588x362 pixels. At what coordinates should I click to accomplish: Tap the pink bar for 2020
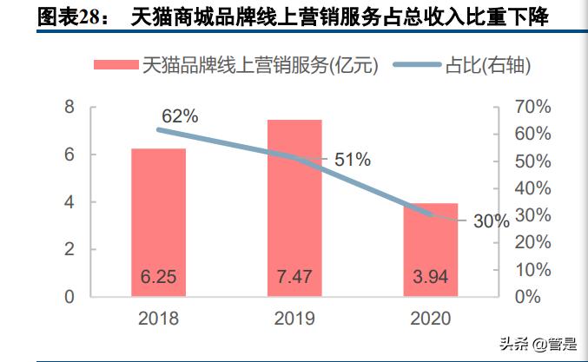[x=430, y=247]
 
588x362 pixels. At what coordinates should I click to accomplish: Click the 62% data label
[x=180, y=116]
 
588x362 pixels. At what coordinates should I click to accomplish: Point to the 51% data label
[x=353, y=160]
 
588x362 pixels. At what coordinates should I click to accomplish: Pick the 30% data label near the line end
[x=491, y=220]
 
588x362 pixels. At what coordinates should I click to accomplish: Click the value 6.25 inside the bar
[x=158, y=278]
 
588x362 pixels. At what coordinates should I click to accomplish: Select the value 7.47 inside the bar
[x=294, y=278]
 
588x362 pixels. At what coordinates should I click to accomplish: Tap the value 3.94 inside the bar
[x=430, y=278]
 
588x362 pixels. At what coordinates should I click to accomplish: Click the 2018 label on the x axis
[x=158, y=319]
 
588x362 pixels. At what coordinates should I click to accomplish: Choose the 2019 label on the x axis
[x=294, y=319]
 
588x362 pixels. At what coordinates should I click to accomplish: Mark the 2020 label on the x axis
[x=430, y=319]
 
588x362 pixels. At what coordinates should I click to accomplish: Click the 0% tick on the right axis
[x=527, y=296]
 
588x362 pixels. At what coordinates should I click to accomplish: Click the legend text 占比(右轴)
[x=488, y=65]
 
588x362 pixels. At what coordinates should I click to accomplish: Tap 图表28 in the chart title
[x=69, y=16]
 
